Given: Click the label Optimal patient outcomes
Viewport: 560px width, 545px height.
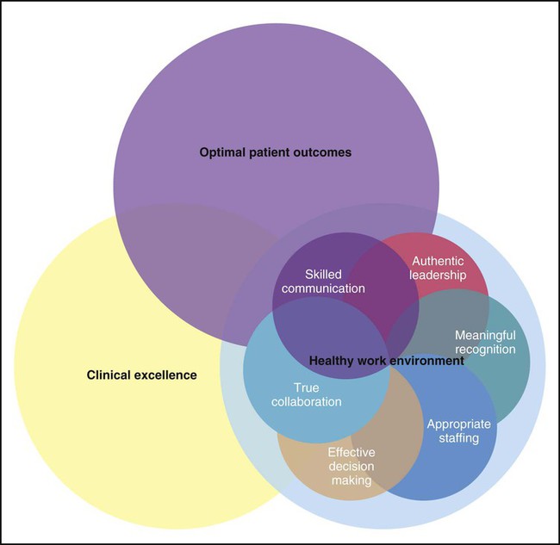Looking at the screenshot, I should coord(276,152).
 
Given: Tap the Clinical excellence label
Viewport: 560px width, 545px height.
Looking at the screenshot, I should coord(142,375).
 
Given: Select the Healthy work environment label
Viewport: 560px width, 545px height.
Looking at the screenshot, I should coord(386,362).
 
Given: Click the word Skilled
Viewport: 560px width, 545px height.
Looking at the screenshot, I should coord(324,274).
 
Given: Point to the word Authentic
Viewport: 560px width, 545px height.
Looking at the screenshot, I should coord(438,261).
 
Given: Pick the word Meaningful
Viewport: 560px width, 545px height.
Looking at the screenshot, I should coord(485,335).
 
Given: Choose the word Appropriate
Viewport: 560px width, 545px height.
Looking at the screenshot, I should coord(459,424).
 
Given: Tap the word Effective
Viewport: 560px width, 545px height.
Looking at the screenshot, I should coord(351,451).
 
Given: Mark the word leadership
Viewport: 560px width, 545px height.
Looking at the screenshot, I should coord(438,276).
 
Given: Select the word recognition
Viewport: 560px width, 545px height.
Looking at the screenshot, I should coord(485,350).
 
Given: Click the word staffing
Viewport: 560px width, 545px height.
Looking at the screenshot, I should coord(459,438).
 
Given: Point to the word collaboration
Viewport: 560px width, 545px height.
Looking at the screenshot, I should coord(307,402).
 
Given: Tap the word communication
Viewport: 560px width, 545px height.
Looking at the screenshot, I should coord(324,288).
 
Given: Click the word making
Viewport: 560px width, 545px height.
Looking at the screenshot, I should coord(351,480).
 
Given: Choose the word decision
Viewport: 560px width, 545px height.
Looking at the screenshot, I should coord(351,466).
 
